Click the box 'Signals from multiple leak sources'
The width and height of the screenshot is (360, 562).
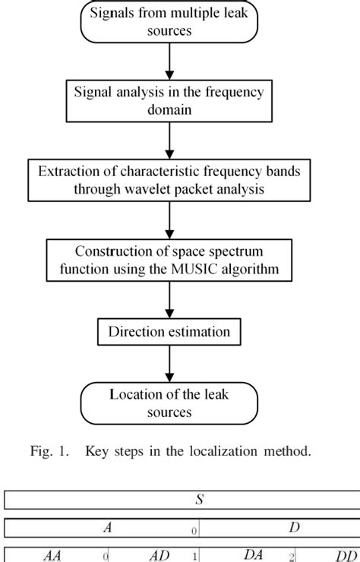pos(170,23)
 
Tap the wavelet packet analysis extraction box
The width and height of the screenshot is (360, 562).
pos(170,179)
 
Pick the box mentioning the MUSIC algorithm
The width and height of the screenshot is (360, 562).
pos(170,259)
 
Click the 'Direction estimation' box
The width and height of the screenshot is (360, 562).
pos(170,331)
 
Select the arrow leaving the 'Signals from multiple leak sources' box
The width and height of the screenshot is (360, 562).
pos(170,61)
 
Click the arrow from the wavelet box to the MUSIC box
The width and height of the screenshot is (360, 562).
pos(170,219)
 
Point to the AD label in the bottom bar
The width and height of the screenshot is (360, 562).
pos(159,555)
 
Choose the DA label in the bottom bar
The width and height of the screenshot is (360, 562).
pos(252,555)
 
